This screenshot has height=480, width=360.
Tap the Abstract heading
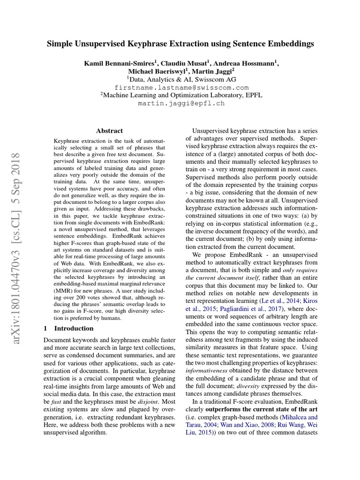coord(109,131)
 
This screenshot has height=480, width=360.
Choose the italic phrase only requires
coord(300,270)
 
